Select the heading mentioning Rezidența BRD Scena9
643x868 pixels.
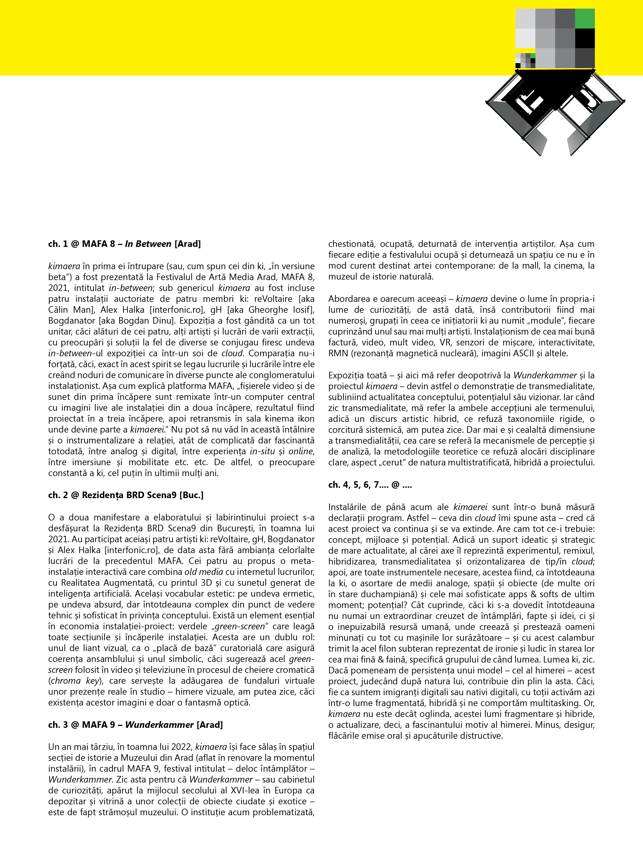pyautogui.click(x=126, y=495)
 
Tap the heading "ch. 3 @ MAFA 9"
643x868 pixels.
pyautogui.click(x=136, y=725)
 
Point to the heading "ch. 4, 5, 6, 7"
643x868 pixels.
pyautogui.click(x=370, y=484)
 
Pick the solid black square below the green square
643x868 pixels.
pyautogui.click(x=585, y=38)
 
